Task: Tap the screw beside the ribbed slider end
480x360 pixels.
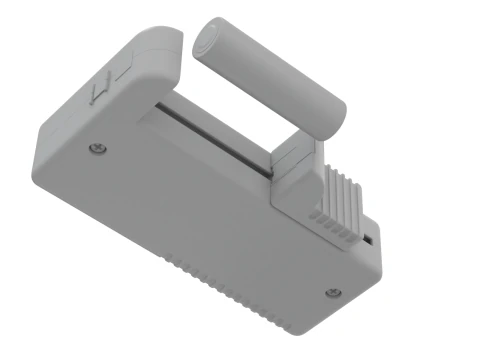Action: [x=334, y=292]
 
